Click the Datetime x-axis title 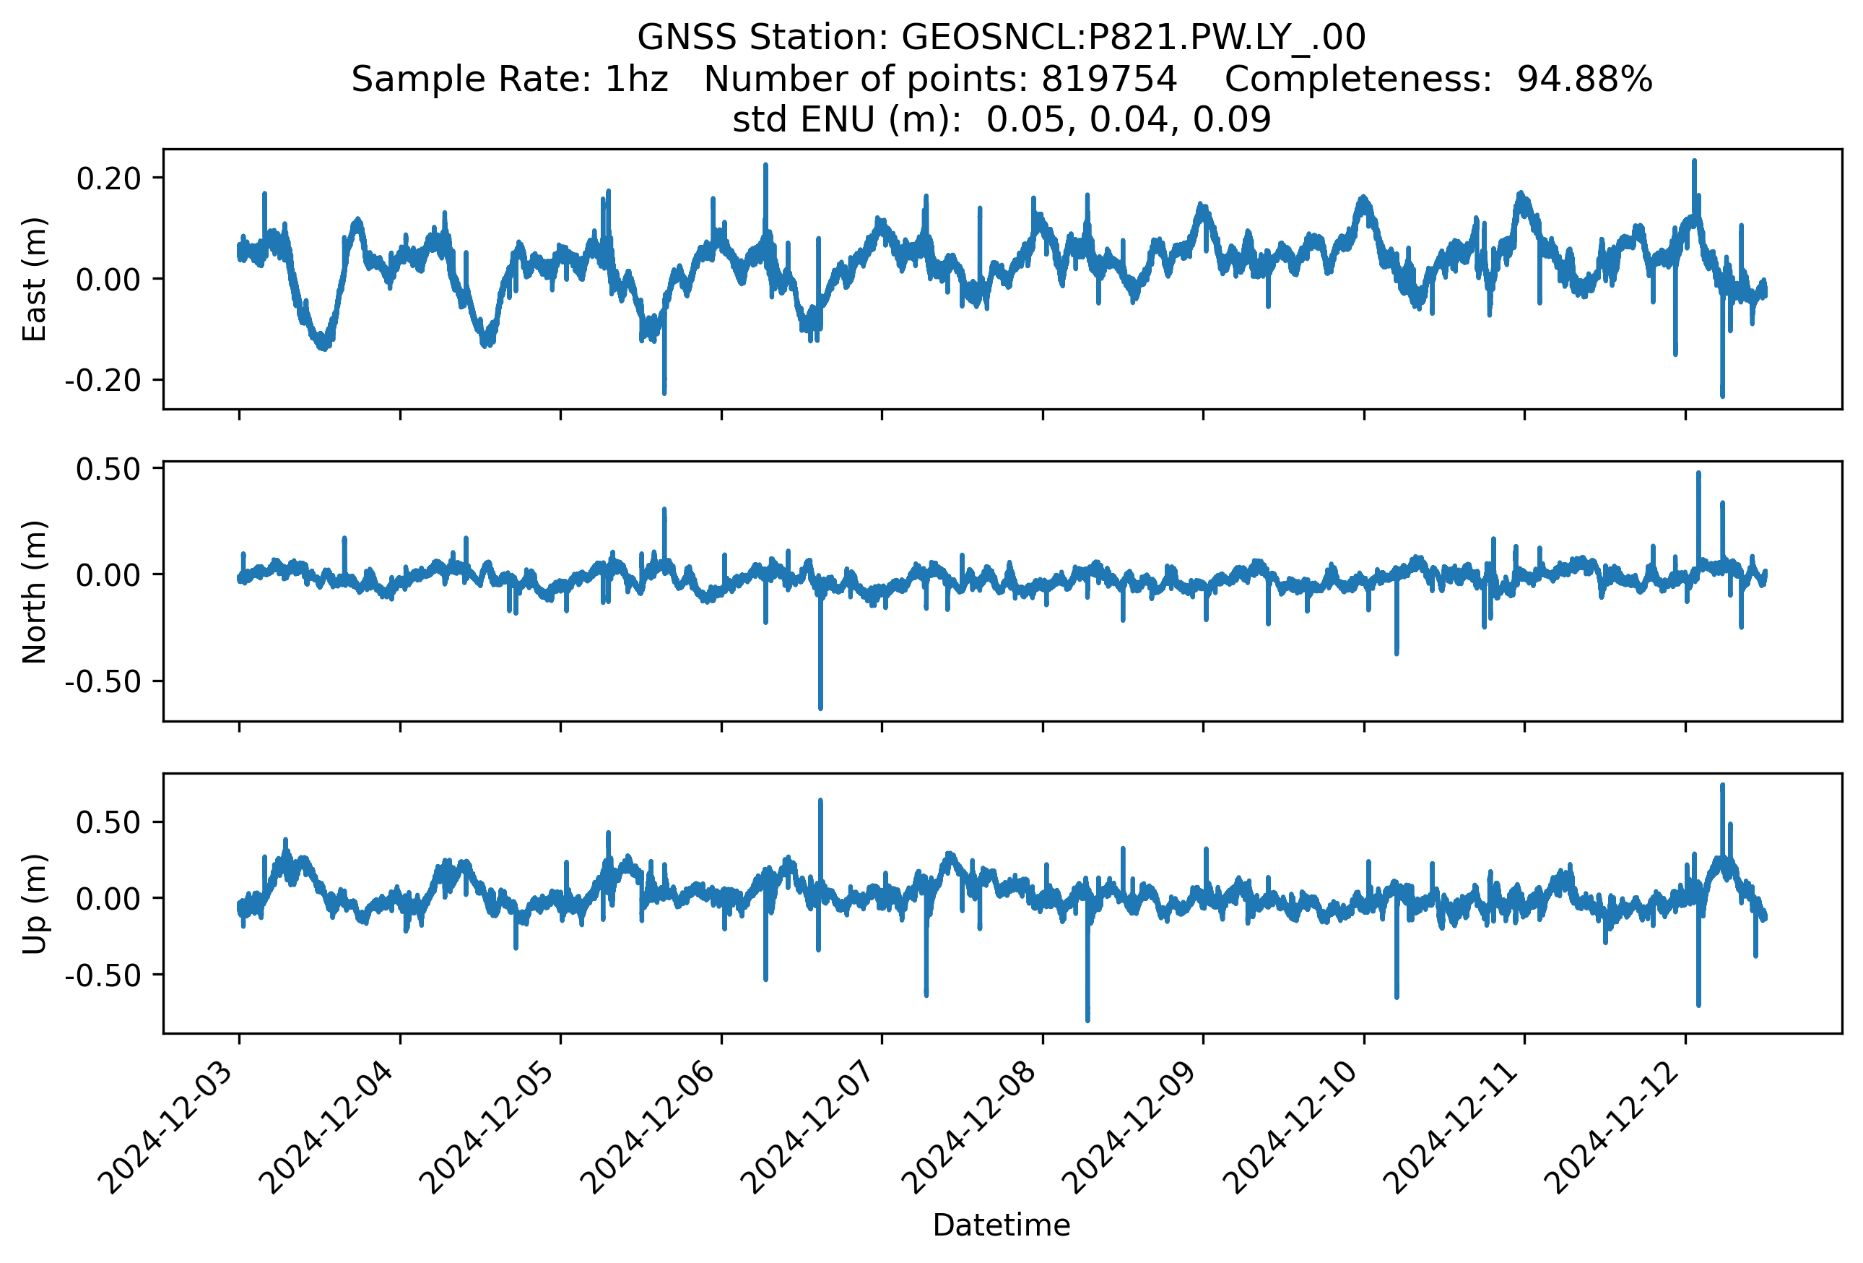coord(1002,1225)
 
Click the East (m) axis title coord(35,279)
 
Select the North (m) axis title coord(35,592)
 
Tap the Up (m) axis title coord(35,904)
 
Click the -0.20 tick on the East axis coord(103,380)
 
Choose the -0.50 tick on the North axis coord(103,681)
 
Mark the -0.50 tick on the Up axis coord(103,975)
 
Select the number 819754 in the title coord(1108,79)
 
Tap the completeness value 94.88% coord(1585,79)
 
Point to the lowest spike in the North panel coord(820,707)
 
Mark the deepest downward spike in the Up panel coord(1087,1020)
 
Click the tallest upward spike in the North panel coord(1698,474)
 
